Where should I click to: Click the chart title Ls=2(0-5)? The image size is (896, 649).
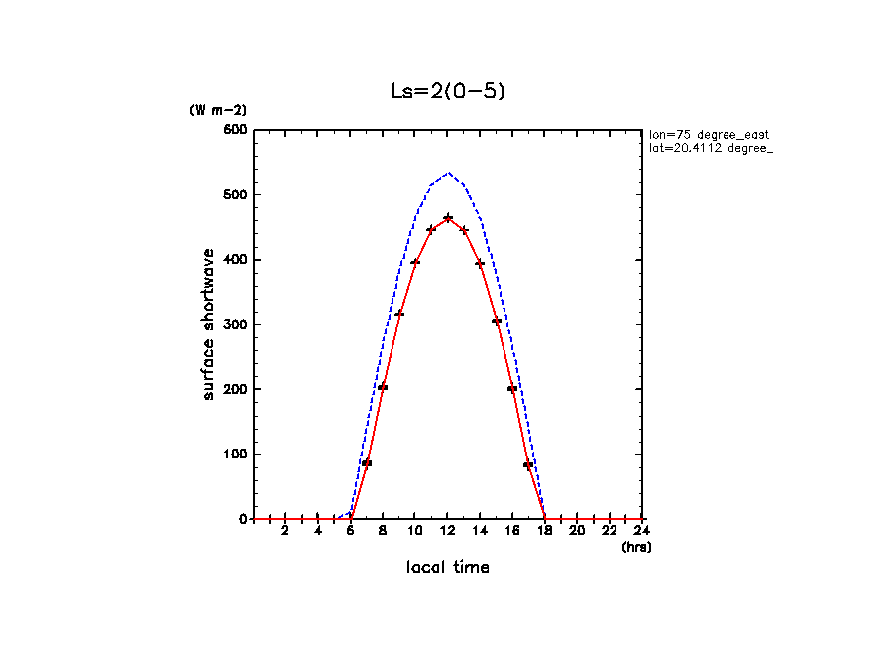pyautogui.click(x=449, y=91)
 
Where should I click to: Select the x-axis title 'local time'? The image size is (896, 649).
pyautogui.click(x=448, y=568)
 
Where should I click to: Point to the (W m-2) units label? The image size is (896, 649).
pyautogui.click(x=218, y=110)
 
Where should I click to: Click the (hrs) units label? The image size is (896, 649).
pyautogui.click(x=636, y=547)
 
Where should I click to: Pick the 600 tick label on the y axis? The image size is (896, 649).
pyautogui.click(x=236, y=130)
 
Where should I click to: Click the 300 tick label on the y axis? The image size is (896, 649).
pyautogui.click(x=236, y=324)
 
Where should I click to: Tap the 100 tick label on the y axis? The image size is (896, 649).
pyautogui.click(x=236, y=454)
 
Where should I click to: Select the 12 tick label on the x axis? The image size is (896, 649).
pyautogui.click(x=448, y=531)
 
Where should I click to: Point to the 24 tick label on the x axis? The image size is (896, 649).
pyautogui.click(x=643, y=531)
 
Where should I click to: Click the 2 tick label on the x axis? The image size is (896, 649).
pyautogui.click(x=285, y=531)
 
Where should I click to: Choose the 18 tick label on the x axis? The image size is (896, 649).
pyautogui.click(x=545, y=531)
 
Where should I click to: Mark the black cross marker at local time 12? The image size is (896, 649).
pyautogui.click(x=448, y=217)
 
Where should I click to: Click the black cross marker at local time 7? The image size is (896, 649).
pyautogui.click(x=367, y=463)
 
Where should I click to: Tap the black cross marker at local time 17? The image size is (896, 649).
pyautogui.click(x=529, y=465)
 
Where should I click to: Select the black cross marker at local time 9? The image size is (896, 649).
pyautogui.click(x=399, y=314)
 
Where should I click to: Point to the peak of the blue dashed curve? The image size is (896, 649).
pyautogui.click(x=448, y=173)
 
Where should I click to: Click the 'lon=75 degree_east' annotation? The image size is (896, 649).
pyautogui.click(x=709, y=134)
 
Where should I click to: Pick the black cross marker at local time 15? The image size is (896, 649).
pyautogui.click(x=497, y=322)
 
